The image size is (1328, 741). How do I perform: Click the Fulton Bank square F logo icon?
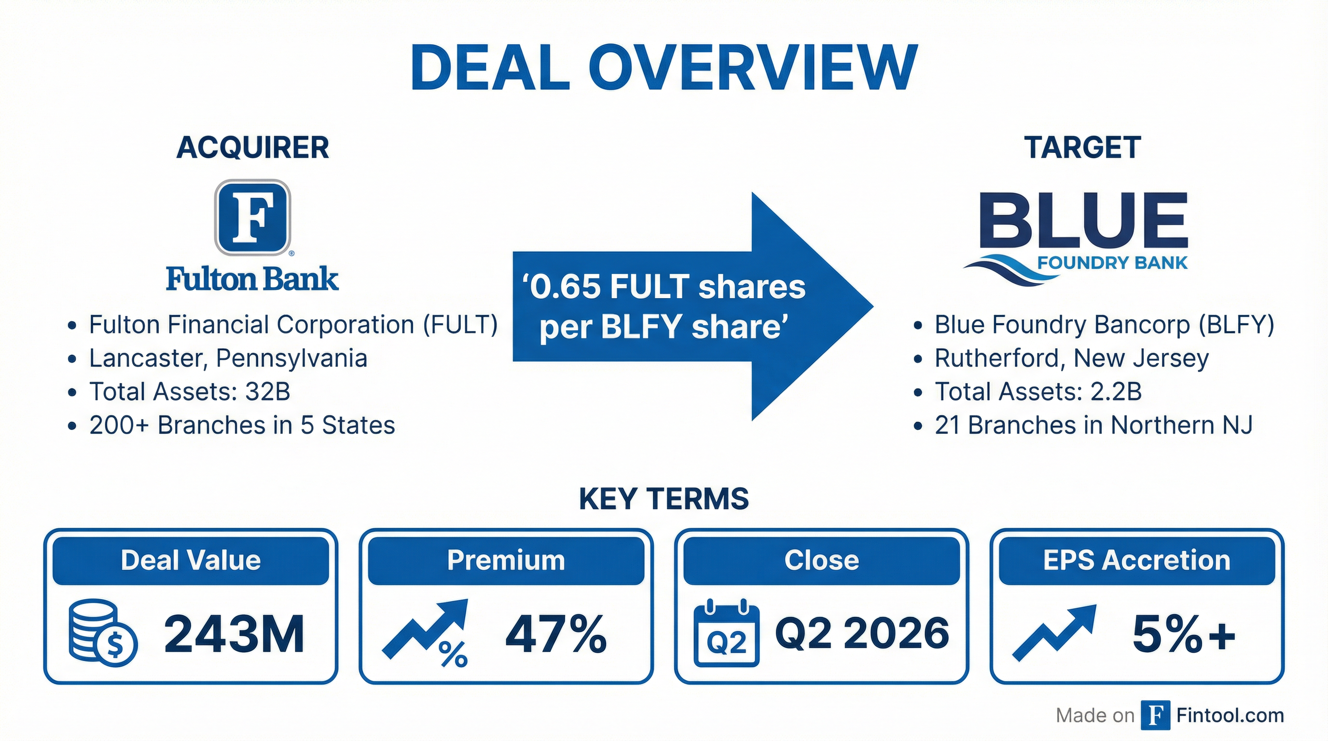pyautogui.click(x=252, y=217)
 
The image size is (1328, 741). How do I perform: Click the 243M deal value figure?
pyautogui.click(x=234, y=634)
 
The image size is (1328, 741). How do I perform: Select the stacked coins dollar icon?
pyautogui.click(x=103, y=632)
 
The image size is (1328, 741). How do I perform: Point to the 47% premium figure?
pyautogui.click(x=556, y=634)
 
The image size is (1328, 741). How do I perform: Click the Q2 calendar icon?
pyautogui.click(x=726, y=633)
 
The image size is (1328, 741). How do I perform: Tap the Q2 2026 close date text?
pyautogui.click(x=861, y=633)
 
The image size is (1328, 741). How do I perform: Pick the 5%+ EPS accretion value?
pyautogui.click(x=1184, y=634)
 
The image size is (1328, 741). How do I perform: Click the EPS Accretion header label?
pyautogui.click(x=1137, y=560)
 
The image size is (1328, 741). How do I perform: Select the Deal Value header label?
pyautogui.click(x=191, y=560)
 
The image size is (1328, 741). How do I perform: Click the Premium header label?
pyautogui.click(x=506, y=560)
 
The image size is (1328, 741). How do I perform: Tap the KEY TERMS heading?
pyautogui.click(x=664, y=499)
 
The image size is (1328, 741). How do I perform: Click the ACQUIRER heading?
pyautogui.click(x=252, y=148)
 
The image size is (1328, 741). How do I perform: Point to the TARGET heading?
pyautogui.click(x=1082, y=148)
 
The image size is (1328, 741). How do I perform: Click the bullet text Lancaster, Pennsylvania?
pyautogui.click(x=228, y=358)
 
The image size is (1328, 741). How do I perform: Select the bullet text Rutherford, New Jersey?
pyautogui.click(x=1071, y=358)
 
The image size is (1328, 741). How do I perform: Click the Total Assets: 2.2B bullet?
pyautogui.click(x=1038, y=392)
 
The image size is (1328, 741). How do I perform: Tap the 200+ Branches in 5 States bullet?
pyautogui.click(x=242, y=425)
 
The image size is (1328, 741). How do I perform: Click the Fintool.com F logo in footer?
pyautogui.click(x=1155, y=715)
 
